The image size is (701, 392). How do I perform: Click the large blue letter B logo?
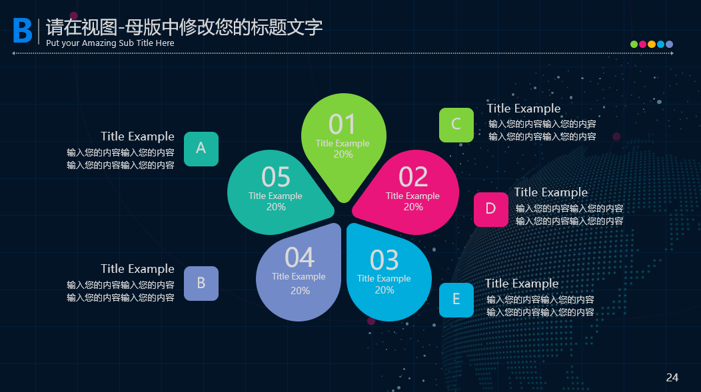[x=23, y=31]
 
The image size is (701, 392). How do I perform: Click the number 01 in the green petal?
[x=343, y=124]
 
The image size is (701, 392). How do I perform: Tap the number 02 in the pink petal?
[x=413, y=177]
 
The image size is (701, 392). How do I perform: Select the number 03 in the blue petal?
[x=384, y=260]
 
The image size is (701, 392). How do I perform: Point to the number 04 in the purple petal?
[x=300, y=258]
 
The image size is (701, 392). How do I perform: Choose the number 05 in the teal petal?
[x=276, y=177]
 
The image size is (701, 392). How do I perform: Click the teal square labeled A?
[x=201, y=149]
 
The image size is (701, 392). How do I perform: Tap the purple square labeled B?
[x=201, y=284]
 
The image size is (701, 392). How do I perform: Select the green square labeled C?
[x=456, y=125]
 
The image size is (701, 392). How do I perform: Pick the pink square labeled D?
[x=491, y=210]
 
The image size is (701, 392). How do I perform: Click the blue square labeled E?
[x=456, y=300]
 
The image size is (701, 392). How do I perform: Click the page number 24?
[x=672, y=377]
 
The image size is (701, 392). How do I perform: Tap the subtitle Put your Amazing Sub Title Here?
[x=110, y=43]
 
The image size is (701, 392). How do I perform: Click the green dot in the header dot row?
[x=634, y=44]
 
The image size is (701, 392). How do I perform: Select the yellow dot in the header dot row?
[x=652, y=44]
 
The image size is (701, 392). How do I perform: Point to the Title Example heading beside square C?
[x=524, y=108]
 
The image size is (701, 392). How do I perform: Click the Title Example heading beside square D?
[x=551, y=192]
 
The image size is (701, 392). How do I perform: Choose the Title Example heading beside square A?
[x=137, y=136]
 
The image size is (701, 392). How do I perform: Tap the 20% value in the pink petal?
[x=413, y=207]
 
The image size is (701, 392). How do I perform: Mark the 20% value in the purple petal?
[x=300, y=291]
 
